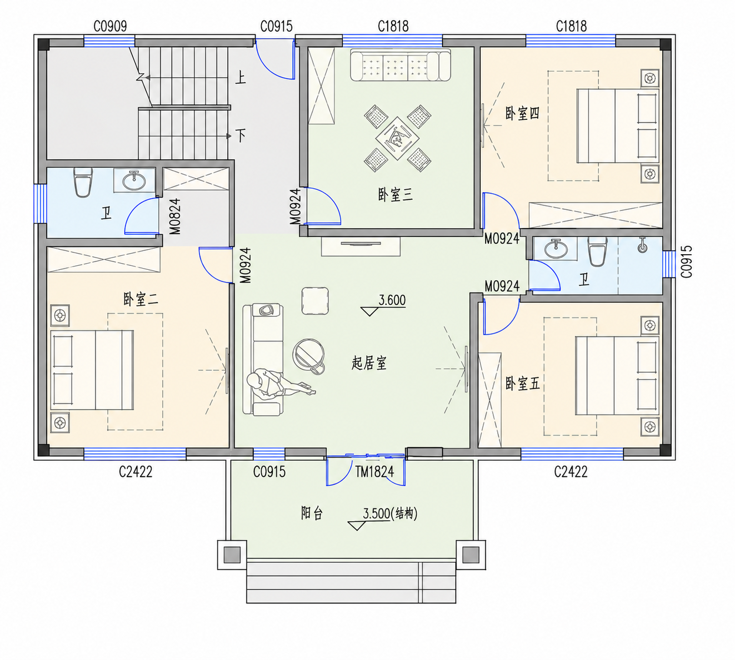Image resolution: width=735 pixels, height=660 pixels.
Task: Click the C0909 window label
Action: tap(111, 27)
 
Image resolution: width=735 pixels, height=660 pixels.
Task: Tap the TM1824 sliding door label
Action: tap(374, 472)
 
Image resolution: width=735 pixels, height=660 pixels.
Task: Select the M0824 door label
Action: tap(175, 216)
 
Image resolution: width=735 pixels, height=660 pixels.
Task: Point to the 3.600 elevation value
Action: tap(392, 300)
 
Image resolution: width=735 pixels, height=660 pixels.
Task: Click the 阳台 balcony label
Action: tap(312, 513)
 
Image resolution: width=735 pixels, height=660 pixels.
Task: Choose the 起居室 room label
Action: tap(369, 364)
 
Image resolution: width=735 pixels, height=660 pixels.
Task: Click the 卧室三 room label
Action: tap(396, 194)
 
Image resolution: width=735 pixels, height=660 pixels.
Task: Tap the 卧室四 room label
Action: tap(522, 114)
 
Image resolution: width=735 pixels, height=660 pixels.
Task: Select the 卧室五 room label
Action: tap(522, 384)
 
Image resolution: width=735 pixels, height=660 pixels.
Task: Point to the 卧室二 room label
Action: tap(141, 300)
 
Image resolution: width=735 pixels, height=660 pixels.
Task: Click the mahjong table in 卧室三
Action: tap(397, 138)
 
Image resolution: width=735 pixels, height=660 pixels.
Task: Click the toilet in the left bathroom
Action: tap(83, 183)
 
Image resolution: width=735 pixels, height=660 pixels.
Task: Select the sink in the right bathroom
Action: tap(556, 249)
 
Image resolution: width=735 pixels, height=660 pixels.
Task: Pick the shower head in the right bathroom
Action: tap(642, 245)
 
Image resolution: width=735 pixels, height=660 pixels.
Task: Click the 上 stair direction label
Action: tap(241, 78)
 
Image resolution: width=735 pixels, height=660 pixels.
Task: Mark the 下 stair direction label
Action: tap(241, 135)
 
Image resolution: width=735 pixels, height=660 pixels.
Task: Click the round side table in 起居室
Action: tap(308, 356)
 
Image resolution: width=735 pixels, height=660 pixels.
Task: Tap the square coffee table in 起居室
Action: tap(315, 301)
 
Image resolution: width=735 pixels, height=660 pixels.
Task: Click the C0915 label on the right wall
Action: tap(687, 261)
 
